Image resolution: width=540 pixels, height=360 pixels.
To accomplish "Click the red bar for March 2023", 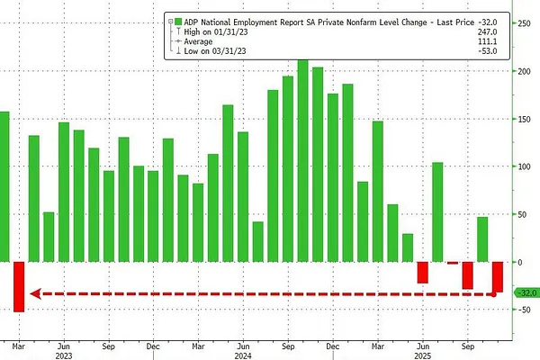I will click(x=18, y=286).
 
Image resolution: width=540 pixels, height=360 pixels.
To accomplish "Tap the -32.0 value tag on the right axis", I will click(x=525, y=293).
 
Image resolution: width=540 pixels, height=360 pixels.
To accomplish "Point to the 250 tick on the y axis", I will click(x=521, y=23).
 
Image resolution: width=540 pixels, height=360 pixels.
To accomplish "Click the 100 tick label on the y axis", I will click(x=521, y=166).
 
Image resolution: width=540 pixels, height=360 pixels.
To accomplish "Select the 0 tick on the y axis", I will click(x=517, y=262).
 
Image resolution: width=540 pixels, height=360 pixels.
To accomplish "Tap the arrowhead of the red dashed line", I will click(x=31, y=293).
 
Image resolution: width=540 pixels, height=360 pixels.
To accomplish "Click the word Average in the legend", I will click(x=202, y=41).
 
